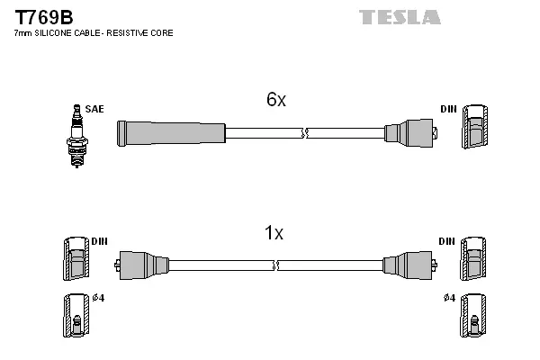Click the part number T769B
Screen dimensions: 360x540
tap(40, 17)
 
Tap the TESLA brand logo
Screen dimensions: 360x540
tap(400, 17)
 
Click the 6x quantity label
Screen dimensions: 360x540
tap(275, 101)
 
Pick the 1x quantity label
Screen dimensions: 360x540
tap(274, 234)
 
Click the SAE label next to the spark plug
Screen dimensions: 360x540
tap(94, 109)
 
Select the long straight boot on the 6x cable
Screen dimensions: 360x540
tap(171, 133)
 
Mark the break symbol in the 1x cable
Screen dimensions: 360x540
tap(276, 265)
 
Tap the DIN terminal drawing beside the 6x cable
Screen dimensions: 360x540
tap(474, 129)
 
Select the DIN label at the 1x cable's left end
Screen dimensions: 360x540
tap(99, 242)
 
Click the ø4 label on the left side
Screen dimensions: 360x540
tap(98, 299)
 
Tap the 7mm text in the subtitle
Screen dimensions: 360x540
tap(22, 33)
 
